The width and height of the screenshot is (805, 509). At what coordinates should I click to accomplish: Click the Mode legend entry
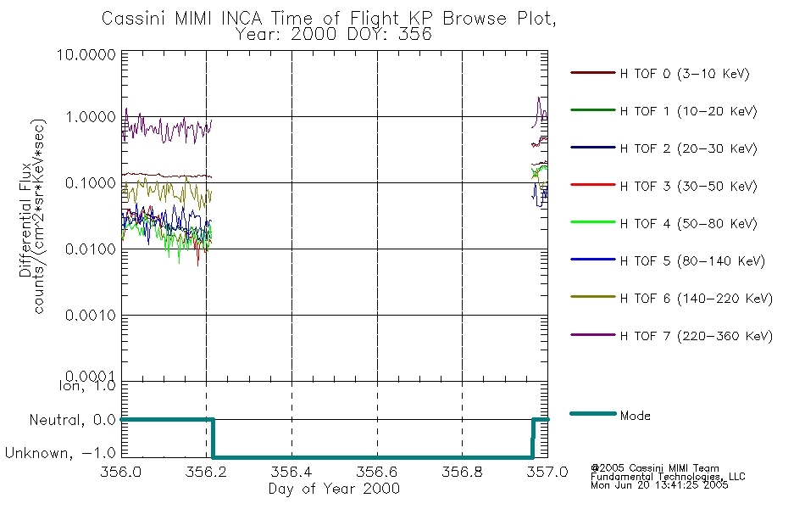tap(635, 416)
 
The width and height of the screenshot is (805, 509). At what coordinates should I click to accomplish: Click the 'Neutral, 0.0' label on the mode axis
tap(73, 420)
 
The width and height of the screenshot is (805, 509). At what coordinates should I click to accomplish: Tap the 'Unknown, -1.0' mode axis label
tap(61, 455)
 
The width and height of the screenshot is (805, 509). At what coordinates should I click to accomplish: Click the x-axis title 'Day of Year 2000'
tap(334, 489)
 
